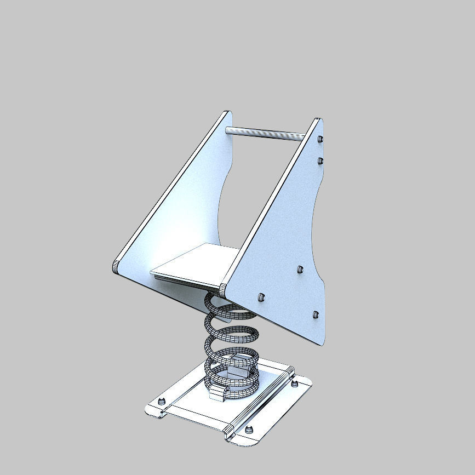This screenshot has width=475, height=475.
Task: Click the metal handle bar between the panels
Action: (265, 133)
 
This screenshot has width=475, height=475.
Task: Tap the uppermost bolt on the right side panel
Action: (319, 139)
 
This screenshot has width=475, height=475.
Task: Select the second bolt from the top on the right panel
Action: (319, 161)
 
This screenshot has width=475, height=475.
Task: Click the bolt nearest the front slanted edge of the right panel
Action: (261, 297)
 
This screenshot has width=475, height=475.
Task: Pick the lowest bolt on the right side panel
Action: (315, 314)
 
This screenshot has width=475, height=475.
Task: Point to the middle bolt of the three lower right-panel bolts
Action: (300, 269)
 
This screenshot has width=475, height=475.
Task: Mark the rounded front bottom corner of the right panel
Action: (224, 289)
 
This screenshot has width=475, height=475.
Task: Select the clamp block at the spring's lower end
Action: (218, 393)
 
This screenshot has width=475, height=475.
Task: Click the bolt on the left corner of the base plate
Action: (162, 402)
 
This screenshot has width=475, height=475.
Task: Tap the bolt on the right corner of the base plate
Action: (295, 383)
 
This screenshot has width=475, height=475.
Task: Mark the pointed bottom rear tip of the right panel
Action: (323, 342)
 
